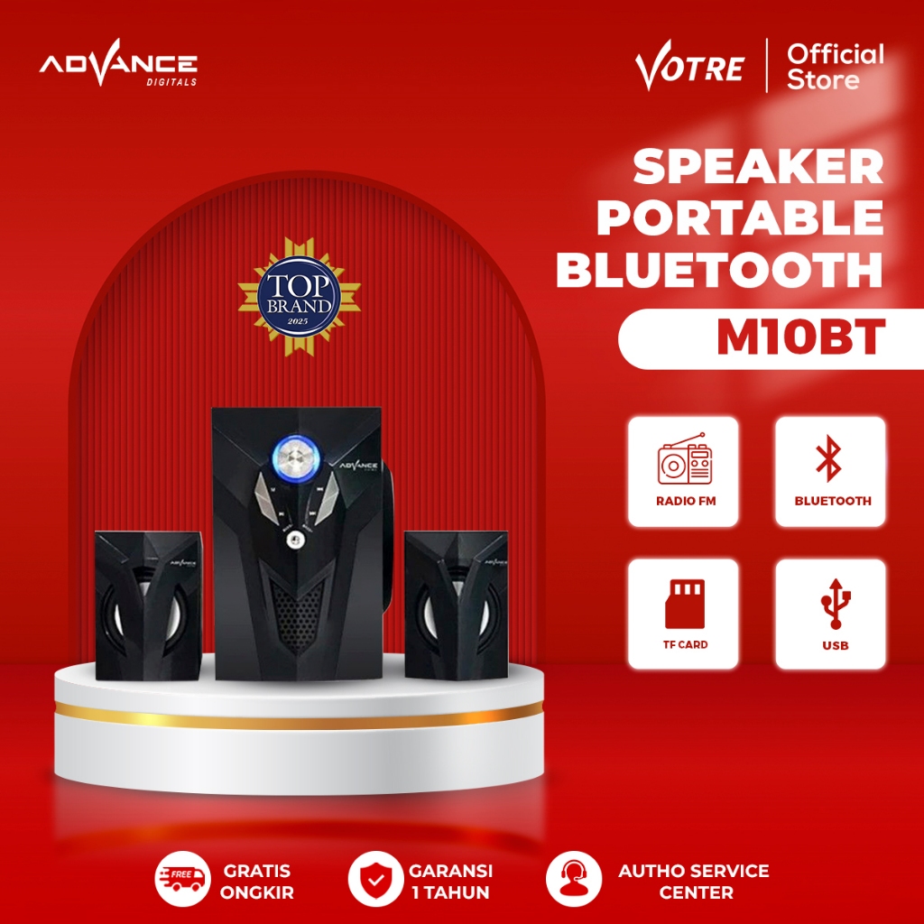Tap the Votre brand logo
click(688, 66)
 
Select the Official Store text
click(835, 66)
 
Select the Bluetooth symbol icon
click(829, 459)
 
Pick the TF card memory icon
click(683, 605)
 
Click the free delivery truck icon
click(185, 881)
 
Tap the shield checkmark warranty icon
click(374, 881)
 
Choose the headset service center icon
click(574, 881)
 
